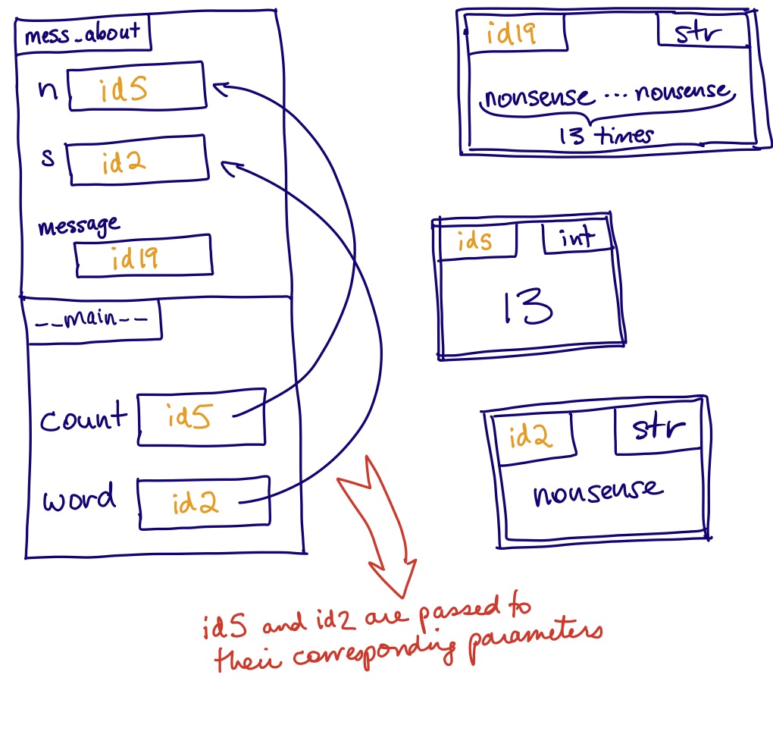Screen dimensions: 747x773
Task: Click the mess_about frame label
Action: (83, 34)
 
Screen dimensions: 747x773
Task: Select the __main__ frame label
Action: (93, 319)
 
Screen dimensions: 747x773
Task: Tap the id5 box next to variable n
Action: (136, 88)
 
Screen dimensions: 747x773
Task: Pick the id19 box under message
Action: (143, 256)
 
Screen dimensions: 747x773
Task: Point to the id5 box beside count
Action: (202, 416)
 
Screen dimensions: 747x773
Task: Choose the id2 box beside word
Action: (203, 502)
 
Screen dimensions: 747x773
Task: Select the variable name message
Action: (78, 225)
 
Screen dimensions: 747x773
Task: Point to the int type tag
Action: (577, 239)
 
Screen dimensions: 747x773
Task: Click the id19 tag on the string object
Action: (515, 34)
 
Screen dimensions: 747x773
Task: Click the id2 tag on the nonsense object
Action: (530, 438)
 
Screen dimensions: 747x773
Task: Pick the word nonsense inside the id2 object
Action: (597, 493)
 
